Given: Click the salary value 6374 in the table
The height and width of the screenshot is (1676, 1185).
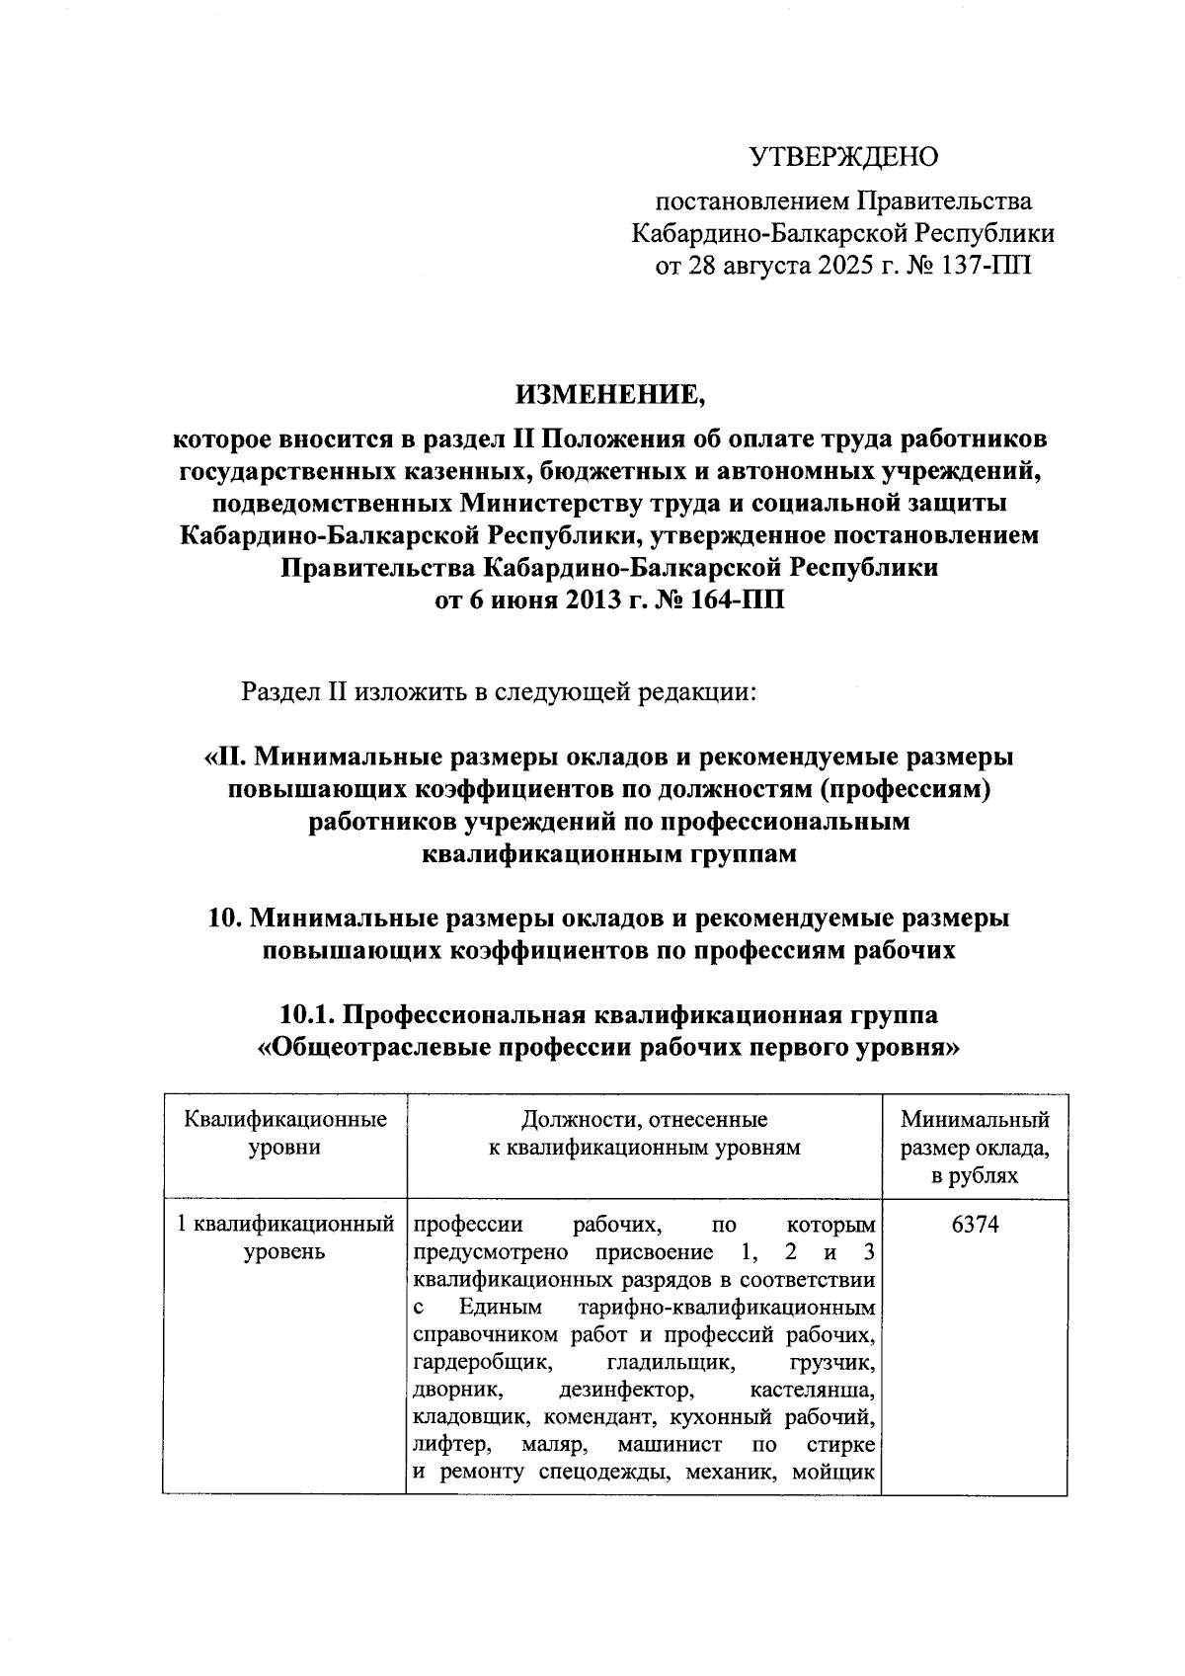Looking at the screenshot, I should (975, 1225).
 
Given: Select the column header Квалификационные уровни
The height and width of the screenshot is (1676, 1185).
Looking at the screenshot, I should (284, 1133).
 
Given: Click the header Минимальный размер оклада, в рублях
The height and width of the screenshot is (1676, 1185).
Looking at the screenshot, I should (975, 1148).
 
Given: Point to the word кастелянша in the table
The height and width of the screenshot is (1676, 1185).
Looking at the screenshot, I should (812, 1391).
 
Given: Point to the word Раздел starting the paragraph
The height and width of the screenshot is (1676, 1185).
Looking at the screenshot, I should (281, 691).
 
